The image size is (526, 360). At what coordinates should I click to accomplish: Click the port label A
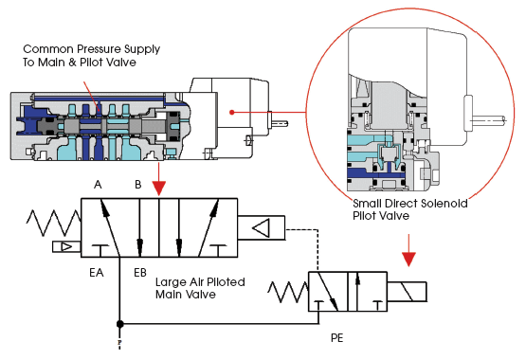tap(98, 185)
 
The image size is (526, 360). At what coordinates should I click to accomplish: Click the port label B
tap(137, 185)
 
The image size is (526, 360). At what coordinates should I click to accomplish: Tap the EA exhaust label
tap(97, 273)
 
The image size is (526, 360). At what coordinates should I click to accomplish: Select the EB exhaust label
tap(140, 273)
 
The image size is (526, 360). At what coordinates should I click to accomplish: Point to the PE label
tap(336, 338)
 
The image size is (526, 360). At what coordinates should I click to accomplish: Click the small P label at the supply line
tap(119, 342)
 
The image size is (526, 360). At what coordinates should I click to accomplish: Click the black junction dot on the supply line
tap(119, 324)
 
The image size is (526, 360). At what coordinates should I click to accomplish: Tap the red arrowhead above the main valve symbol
tap(159, 189)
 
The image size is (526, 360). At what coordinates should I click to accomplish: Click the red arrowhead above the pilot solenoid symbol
tap(408, 260)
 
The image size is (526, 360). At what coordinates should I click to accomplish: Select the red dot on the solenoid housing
tap(232, 112)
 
